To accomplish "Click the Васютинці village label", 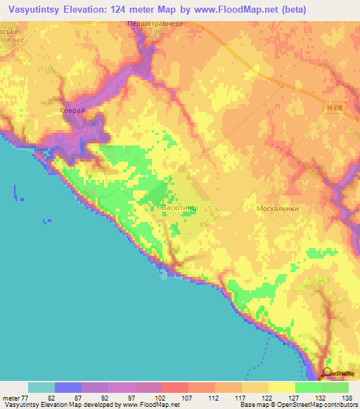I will (174, 209).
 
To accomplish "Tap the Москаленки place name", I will (278, 209).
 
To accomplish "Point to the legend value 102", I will (161, 397).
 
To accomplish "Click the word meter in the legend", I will (11, 397).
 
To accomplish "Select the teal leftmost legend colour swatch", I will (41, 387).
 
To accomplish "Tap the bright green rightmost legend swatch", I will (335, 387).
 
